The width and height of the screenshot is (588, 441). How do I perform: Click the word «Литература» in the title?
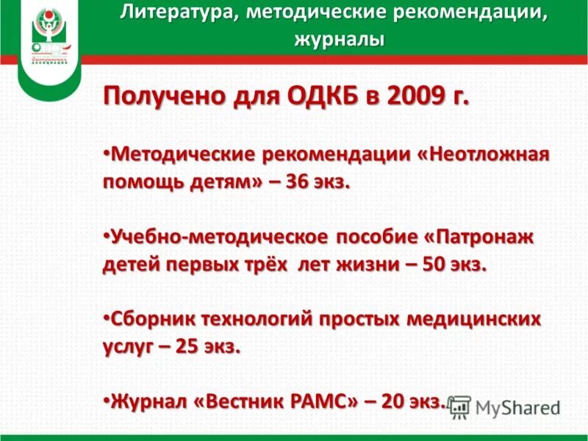pyautogui.click(x=172, y=12)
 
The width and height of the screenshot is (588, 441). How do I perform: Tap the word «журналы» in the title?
pyautogui.click(x=339, y=38)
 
